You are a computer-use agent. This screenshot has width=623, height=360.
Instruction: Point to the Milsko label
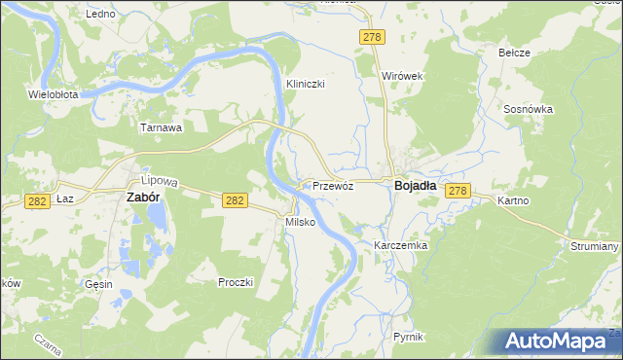pos(298,222)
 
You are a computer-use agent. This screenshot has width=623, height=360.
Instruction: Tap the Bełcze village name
pos(514,53)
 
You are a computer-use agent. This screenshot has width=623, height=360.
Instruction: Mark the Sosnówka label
pos(529,110)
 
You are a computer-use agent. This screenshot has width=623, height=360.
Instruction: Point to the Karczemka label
pos(401,246)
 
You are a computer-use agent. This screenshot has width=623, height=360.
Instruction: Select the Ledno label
pos(100,15)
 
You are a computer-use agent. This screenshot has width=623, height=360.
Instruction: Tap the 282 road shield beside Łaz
pos(37,199)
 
